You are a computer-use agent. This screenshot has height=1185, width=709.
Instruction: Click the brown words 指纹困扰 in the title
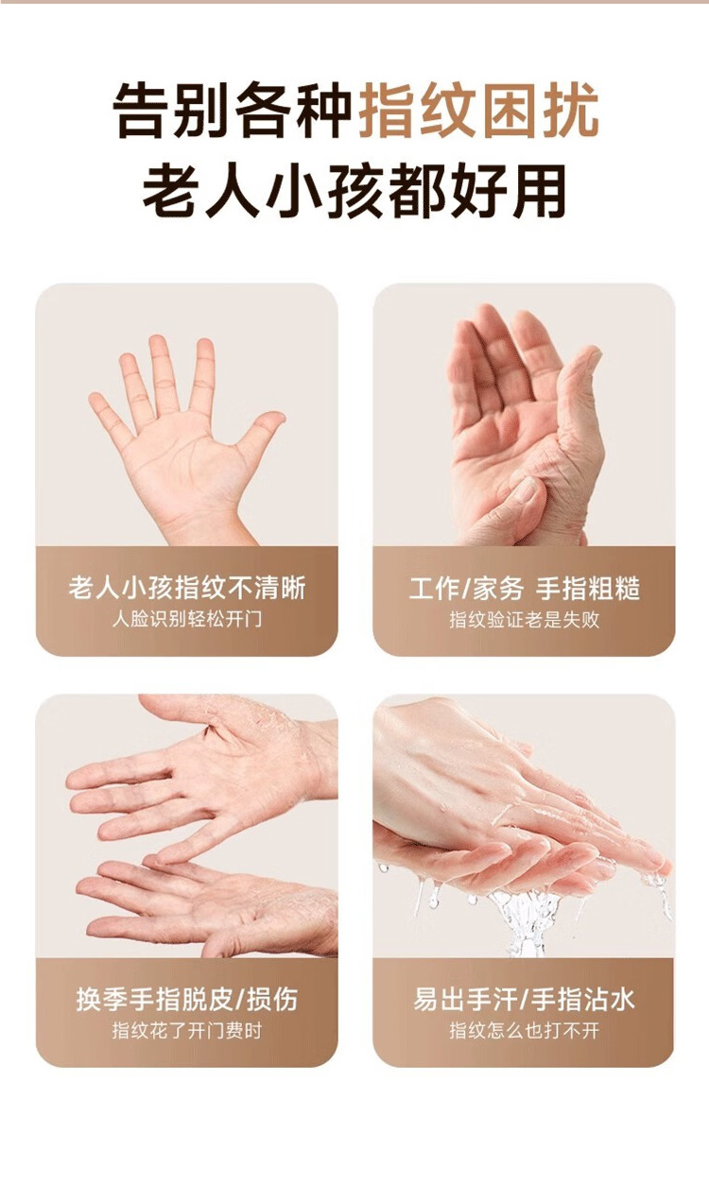pyautogui.click(x=479, y=110)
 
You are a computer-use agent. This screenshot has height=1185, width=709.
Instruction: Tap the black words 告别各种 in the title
pyautogui.click(x=233, y=110)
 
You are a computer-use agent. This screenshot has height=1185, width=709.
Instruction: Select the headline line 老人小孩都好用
pyautogui.click(x=354, y=191)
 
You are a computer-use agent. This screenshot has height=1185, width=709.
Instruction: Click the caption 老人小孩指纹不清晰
pyautogui.click(x=187, y=588)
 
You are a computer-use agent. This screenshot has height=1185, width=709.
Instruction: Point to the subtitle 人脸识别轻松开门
pyautogui.click(x=187, y=619)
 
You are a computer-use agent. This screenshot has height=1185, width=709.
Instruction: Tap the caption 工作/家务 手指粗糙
pyautogui.click(x=525, y=589)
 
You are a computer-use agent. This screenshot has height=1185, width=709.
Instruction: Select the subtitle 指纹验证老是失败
pyautogui.click(x=525, y=620)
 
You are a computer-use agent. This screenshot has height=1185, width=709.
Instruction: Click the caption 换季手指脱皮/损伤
pyautogui.click(x=187, y=1000)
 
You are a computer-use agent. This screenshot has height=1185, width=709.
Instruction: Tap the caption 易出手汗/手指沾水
pyautogui.click(x=524, y=1000)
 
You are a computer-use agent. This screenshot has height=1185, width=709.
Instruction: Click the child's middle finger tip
pyautogui.click(x=157, y=341)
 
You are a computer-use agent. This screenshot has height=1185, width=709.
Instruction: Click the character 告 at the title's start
pyautogui.click(x=142, y=110)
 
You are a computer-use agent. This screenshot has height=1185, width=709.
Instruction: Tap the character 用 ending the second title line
pyautogui.click(x=539, y=191)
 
